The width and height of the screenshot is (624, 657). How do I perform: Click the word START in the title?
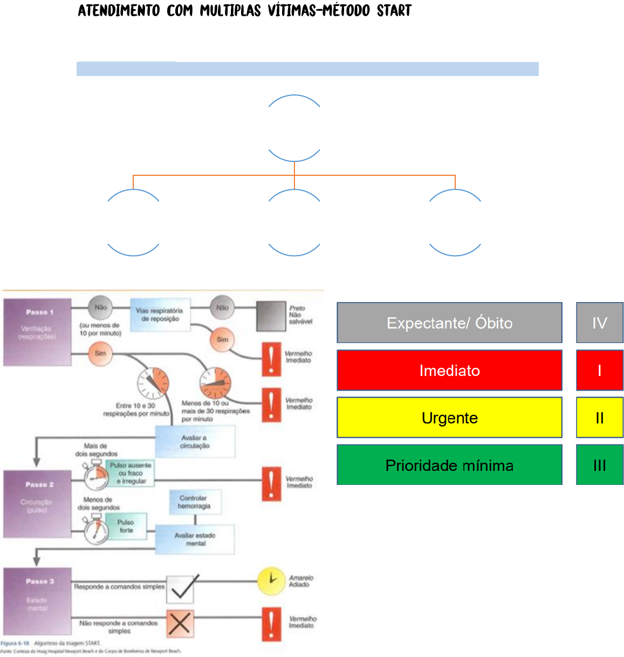pos(394,11)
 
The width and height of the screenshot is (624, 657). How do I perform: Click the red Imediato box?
pos(449,370)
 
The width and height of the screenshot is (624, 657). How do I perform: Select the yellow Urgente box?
pos(449,418)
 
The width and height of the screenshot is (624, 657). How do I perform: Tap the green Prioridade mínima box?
pos(449,465)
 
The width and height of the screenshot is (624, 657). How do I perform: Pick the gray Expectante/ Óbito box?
pos(449,323)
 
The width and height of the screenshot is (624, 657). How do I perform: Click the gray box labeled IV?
pos(599,323)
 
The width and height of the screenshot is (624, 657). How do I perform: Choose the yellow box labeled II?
pos(599,418)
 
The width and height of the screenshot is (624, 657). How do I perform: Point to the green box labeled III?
pos(599,465)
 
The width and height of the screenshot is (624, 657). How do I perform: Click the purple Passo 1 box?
pos(37,332)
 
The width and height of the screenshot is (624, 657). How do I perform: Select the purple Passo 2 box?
pos(37,504)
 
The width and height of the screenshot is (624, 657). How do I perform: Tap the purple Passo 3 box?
pos(37,600)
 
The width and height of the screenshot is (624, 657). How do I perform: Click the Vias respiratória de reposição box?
pos(160,315)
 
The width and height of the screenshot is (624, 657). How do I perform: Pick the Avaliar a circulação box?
pos(195,442)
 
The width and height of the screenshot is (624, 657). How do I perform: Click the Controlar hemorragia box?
pos(195,502)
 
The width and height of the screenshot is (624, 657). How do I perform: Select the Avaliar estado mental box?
pos(195,539)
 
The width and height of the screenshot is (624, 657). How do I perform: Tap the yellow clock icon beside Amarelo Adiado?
pos(271,581)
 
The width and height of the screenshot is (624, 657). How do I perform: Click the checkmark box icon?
pos(180,588)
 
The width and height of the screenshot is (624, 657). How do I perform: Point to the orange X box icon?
pos(180,624)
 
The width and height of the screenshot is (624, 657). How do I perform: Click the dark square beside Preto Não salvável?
pos(271,316)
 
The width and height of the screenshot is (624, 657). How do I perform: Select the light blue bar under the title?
pos(307,69)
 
